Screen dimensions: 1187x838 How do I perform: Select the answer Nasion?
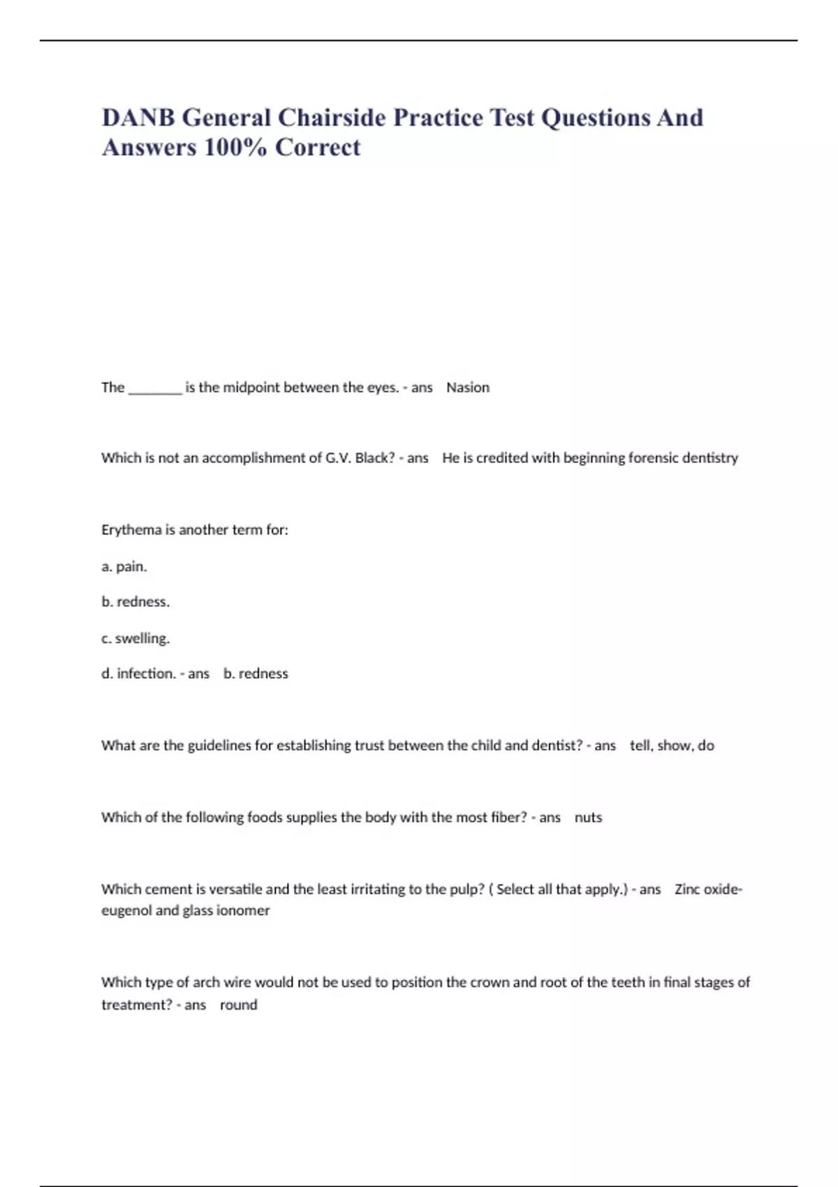[x=468, y=388]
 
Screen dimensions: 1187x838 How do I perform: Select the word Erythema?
[x=131, y=530]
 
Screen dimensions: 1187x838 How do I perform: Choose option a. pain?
[x=124, y=566]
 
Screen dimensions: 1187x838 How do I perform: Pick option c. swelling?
[x=135, y=638]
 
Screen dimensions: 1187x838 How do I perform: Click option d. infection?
[x=138, y=674]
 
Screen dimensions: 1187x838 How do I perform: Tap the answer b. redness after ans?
[x=256, y=674]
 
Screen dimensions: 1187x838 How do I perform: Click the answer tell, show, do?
[x=672, y=746]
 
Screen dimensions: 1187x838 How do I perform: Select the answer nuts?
[x=588, y=818]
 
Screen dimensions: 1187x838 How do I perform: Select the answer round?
[x=239, y=1005]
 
